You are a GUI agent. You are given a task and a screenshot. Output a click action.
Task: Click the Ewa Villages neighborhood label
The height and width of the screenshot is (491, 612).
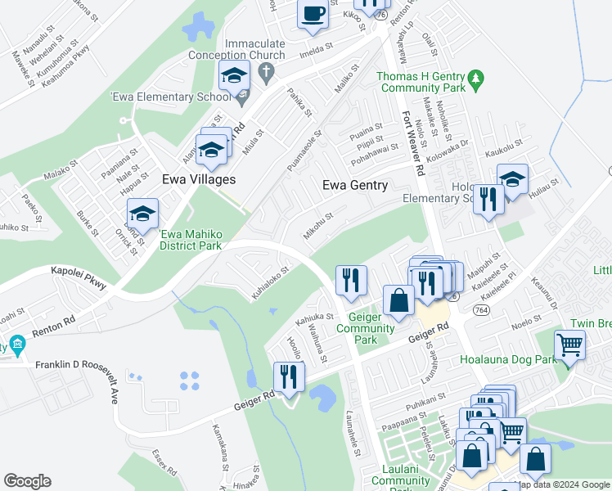pos(199,179)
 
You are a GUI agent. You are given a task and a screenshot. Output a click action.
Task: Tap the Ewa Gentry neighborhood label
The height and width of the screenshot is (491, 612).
pos(355,185)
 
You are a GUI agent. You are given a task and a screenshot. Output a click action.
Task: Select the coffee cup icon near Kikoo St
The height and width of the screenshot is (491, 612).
pos(313,15)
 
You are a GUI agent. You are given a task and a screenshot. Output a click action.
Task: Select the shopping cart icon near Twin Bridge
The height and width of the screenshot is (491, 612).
pos(569,344)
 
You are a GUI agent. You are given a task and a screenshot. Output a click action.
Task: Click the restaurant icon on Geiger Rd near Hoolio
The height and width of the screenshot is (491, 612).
pos(288,376)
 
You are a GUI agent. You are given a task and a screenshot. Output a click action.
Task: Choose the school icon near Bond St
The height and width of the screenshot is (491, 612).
pos(143,214)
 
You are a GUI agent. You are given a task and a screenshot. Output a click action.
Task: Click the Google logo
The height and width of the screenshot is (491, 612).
pos(27,481)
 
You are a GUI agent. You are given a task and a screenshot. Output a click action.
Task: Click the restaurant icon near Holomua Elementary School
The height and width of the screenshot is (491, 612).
pos(488,199)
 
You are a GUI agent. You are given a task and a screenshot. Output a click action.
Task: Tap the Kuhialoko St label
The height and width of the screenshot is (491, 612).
pos(271,282)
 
